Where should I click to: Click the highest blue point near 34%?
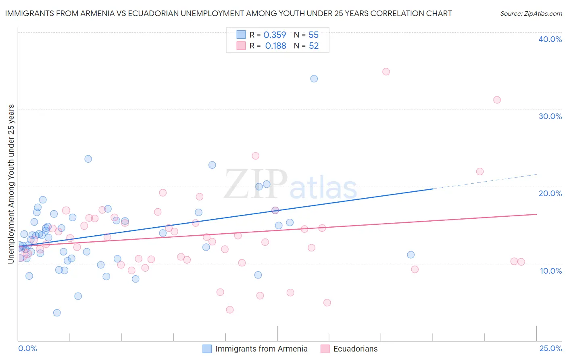[314, 79]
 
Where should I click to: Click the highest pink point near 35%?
[386, 71]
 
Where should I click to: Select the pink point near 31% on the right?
[497, 100]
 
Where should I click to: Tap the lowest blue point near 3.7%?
[57, 313]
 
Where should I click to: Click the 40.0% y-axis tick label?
[550, 39]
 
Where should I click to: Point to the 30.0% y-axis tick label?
[550, 116]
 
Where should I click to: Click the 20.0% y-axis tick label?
[550, 193]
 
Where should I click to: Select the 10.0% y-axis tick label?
[550, 271]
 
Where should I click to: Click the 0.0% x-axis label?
[27, 348]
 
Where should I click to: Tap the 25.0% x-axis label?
[550, 348]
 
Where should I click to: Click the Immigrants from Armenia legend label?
[261, 349]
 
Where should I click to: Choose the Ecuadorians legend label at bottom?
[355, 349]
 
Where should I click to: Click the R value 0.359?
[275, 35]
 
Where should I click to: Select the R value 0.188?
[275, 46]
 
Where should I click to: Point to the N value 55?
[313, 35]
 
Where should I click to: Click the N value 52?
[314, 46]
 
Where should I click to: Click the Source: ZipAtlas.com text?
[531, 13]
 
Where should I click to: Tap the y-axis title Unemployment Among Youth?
[11, 184]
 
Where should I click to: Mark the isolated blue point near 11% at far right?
[411, 255]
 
